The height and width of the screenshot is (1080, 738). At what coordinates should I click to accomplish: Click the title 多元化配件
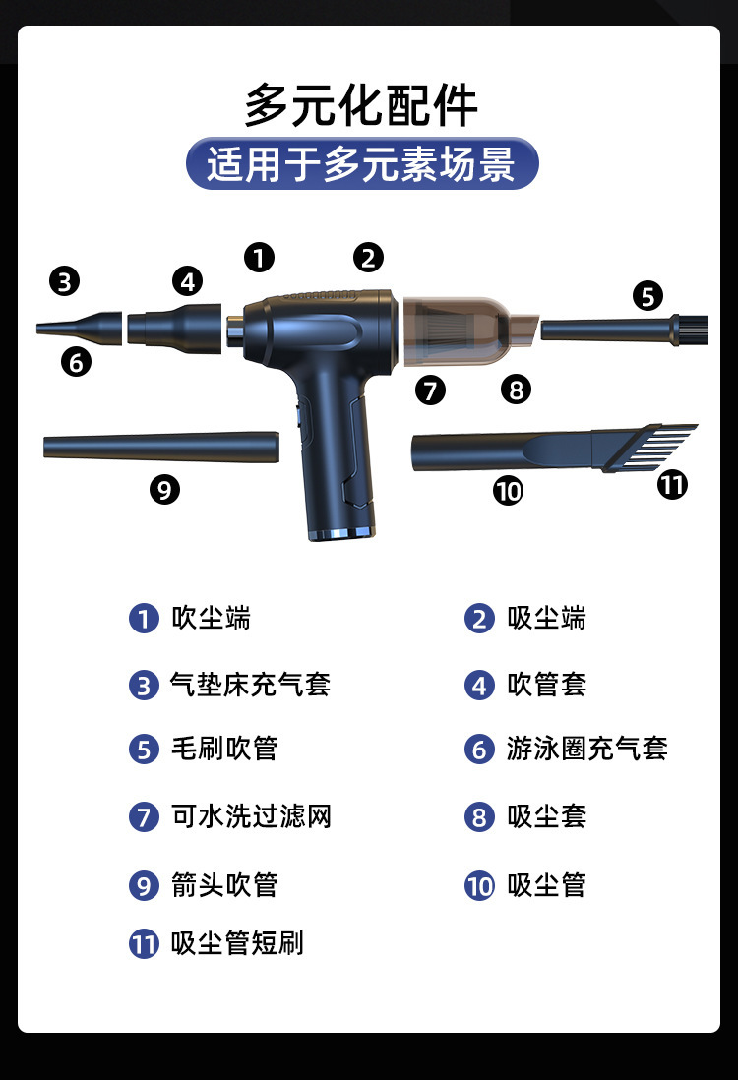361,106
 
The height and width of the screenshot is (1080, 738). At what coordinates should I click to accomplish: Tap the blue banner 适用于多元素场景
362,163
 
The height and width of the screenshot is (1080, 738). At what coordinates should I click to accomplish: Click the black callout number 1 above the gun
259,258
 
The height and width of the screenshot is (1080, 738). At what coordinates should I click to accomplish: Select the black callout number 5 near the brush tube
647,296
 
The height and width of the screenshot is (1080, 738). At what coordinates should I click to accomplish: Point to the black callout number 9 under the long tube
164,490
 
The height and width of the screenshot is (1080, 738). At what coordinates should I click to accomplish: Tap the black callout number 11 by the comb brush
672,484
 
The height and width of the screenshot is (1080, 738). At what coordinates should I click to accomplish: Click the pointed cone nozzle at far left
80,328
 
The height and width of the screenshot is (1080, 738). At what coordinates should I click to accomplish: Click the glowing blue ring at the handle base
341,533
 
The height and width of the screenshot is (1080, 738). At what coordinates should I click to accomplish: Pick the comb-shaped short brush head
647,448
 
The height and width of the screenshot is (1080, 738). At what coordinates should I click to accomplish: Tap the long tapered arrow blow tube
161,447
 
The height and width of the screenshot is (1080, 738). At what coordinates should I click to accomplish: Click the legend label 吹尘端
211,618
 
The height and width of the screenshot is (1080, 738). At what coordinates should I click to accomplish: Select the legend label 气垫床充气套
251,685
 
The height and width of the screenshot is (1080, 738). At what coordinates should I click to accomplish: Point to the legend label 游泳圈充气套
587,749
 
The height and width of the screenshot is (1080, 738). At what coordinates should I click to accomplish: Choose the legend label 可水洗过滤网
252,816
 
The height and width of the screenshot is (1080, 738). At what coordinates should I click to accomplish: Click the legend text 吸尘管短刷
238,943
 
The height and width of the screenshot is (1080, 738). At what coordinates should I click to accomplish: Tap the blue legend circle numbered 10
479,886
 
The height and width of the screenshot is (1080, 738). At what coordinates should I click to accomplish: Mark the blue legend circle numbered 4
479,686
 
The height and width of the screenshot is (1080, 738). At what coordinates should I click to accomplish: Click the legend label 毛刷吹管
224,749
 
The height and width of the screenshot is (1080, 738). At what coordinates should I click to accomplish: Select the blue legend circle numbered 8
479,817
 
